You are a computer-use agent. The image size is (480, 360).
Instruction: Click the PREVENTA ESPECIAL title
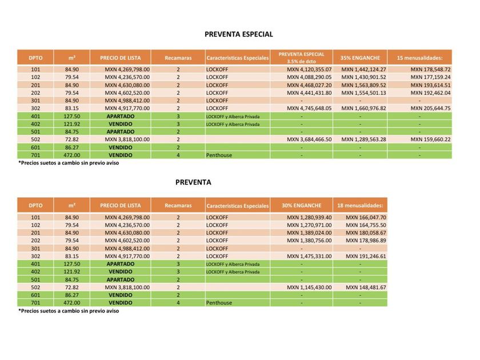(x=239, y=34)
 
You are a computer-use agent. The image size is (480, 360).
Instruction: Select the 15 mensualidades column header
(x=419, y=58)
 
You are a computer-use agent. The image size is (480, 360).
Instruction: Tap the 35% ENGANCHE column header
(x=360, y=58)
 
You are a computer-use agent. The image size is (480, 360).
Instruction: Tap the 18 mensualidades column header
(x=359, y=205)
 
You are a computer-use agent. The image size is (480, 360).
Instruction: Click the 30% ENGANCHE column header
(x=301, y=205)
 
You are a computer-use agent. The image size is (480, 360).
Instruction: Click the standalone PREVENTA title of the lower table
(x=193, y=183)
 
